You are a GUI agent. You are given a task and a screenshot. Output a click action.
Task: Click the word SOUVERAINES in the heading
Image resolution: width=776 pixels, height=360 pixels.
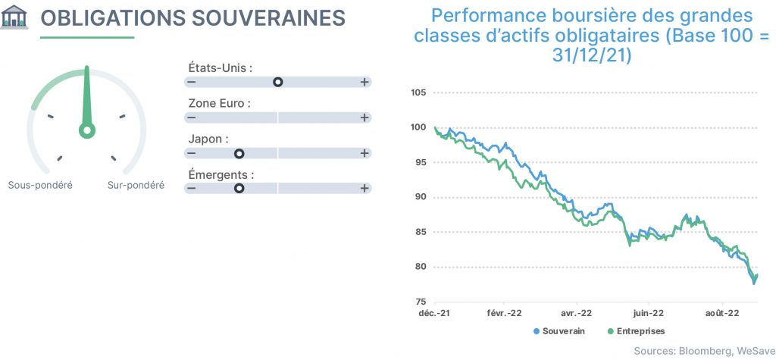[268, 18]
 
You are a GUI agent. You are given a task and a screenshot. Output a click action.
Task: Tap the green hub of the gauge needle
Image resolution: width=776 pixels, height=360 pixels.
[87, 130]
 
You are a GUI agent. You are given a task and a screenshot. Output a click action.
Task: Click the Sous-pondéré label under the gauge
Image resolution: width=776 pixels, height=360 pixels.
[40, 185]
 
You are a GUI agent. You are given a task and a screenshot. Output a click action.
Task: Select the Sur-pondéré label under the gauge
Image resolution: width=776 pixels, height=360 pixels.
[136, 185]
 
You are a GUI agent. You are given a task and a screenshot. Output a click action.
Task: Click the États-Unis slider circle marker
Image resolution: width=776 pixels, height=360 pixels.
[277, 82]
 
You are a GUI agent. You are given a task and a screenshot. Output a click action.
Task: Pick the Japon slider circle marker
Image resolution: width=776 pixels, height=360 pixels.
[239, 154]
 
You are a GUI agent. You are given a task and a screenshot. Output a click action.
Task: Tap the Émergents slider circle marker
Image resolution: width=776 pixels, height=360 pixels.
[239, 188]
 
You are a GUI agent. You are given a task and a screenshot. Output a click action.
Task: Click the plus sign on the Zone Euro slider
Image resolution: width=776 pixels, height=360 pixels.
[365, 118]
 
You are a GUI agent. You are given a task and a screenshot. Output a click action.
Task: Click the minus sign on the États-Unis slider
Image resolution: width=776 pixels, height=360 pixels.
[191, 82]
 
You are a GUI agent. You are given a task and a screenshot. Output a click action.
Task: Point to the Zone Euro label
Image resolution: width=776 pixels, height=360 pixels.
[219, 104]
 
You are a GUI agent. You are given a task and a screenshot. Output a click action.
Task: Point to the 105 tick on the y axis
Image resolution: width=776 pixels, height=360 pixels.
[419, 92]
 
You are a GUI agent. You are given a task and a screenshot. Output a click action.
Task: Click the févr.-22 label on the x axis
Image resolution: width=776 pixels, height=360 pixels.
[504, 313]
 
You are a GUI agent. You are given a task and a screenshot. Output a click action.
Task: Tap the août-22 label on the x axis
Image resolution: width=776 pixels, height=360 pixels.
[722, 313]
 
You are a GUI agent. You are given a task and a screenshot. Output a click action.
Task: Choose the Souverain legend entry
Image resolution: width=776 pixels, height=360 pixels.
[559, 330]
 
